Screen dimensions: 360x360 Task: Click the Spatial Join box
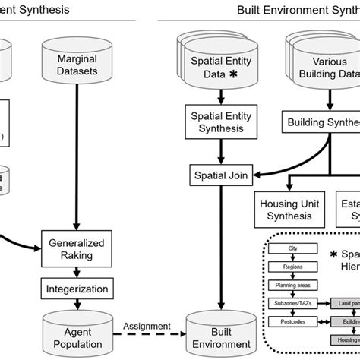pyautogui.click(x=219, y=176)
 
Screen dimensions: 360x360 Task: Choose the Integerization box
pyautogui.click(x=77, y=289)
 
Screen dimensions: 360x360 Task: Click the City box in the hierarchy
pyautogui.click(x=293, y=249)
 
